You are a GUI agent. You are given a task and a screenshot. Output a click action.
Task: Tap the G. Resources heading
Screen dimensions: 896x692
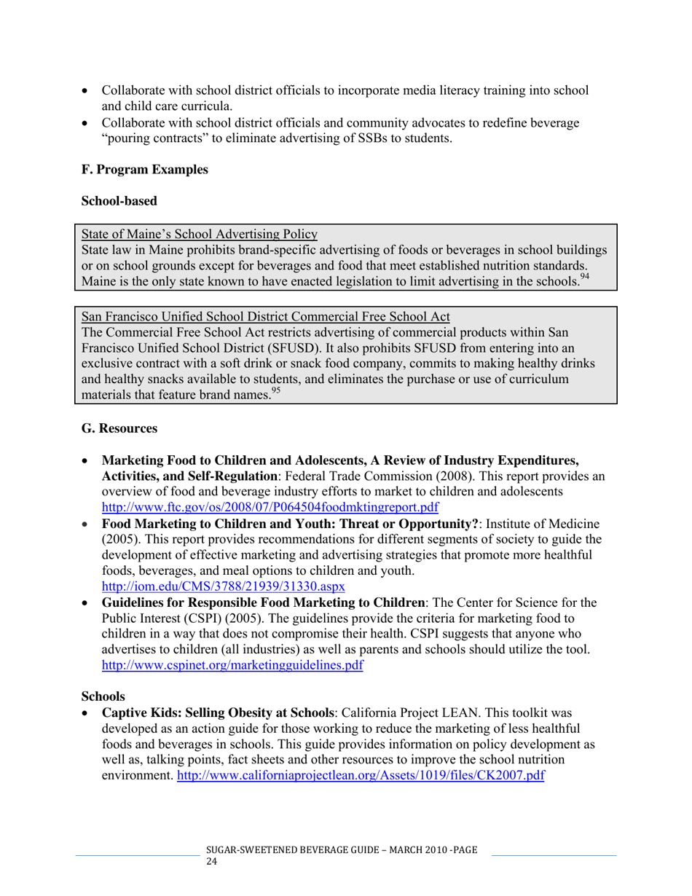pyautogui.click(x=119, y=429)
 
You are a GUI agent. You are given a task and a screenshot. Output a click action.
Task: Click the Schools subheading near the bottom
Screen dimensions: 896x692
pyautogui.click(x=103, y=696)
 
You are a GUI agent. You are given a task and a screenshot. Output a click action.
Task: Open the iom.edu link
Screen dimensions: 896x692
pyautogui.click(x=223, y=586)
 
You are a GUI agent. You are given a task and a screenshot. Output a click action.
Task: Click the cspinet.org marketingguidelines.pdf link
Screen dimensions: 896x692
pyautogui.click(x=232, y=664)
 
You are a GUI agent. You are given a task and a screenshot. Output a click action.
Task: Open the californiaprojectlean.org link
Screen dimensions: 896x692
pyautogui.click(x=361, y=775)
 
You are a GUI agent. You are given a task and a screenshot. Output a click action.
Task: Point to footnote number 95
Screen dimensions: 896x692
pyautogui.click(x=275, y=390)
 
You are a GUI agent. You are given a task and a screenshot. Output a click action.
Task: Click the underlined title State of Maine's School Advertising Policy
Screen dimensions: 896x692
pyautogui.click(x=200, y=234)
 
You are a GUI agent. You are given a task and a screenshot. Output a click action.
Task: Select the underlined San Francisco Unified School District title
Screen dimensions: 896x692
pyautogui.click(x=265, y=317)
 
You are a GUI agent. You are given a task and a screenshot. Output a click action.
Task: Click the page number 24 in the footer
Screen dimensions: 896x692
pyautogui.click(x=213, y=862)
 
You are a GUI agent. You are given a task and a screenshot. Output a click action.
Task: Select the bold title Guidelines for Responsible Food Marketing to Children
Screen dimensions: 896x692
pyautogui.click(x=263, y=603)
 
